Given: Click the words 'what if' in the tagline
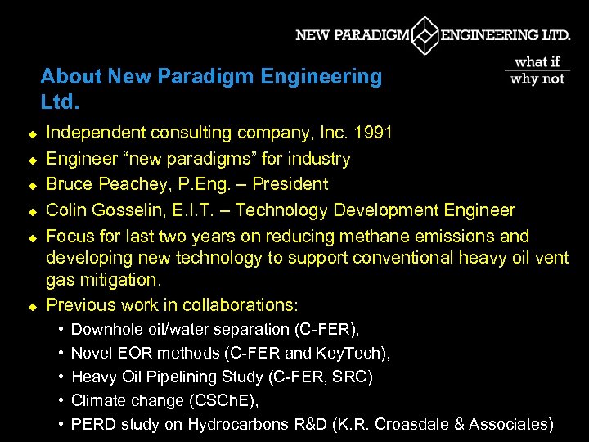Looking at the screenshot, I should coord(537,62).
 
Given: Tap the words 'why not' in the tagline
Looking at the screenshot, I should coord(537,79).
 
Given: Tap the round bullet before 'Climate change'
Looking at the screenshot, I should coord(62,401).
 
